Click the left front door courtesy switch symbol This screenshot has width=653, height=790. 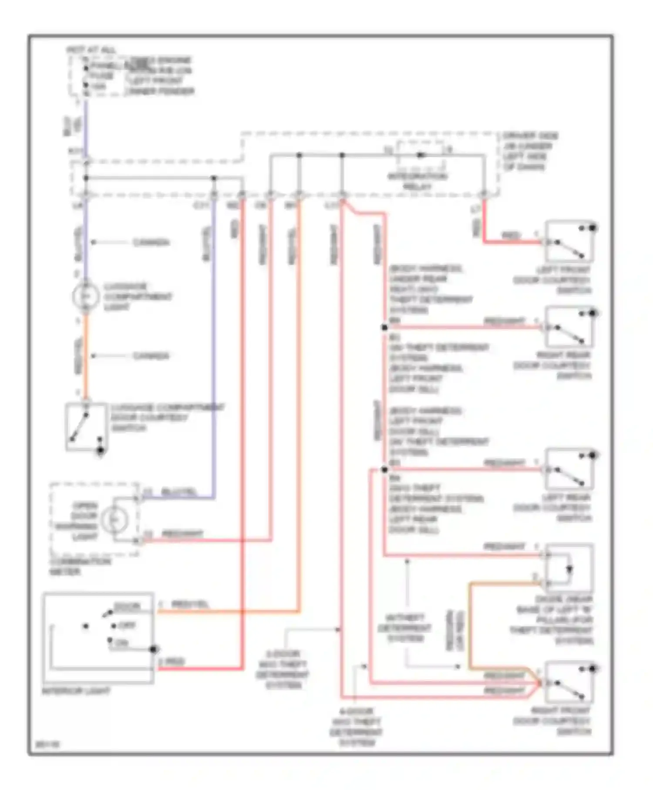click(569, 241)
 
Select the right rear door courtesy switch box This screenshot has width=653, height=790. click(569, 327)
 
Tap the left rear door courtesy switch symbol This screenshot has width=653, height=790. click(569, 469)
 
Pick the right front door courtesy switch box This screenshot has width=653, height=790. click(569, 682)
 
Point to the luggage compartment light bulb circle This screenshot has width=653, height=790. click(86, 296)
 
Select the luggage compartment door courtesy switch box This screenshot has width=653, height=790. click(86, 427)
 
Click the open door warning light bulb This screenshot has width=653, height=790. click(114, 519)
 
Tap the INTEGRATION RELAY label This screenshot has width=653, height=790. click(417, 181)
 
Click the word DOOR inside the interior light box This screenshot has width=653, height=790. click(127, 606)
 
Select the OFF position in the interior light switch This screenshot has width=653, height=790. click(127, 625)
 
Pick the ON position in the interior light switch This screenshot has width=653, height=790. click(122, 643)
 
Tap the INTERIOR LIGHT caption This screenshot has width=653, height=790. click(76, 691)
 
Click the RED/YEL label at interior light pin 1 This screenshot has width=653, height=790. click(190, 604)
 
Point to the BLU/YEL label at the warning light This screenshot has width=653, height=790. click(178, 492)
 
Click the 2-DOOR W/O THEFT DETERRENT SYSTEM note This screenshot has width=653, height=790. click(283, 669)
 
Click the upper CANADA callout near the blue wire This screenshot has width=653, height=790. click(151, 242)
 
